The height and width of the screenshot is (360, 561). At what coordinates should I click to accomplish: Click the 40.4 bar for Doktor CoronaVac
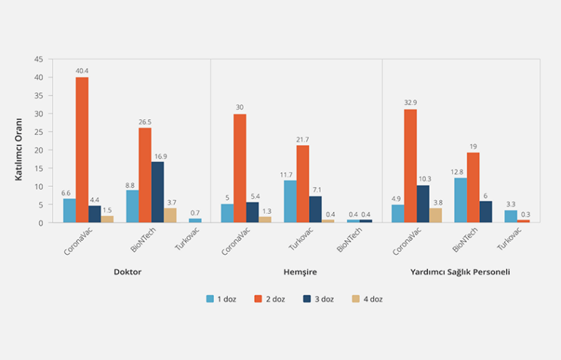(82, 150)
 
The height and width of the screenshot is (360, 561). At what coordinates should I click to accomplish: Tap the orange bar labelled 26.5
(145, 175)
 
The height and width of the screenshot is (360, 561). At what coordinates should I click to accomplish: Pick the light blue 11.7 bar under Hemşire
(290, 202)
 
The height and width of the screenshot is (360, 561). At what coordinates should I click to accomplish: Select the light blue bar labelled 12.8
(460, 200)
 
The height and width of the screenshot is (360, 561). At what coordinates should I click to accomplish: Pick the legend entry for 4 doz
(367, 299)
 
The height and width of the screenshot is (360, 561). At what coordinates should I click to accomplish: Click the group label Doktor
(127, 272)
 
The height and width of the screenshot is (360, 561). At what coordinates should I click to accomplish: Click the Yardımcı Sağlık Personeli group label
(460, 272)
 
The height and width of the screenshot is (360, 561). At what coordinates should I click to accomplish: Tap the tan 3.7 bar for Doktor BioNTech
(170, 215)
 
